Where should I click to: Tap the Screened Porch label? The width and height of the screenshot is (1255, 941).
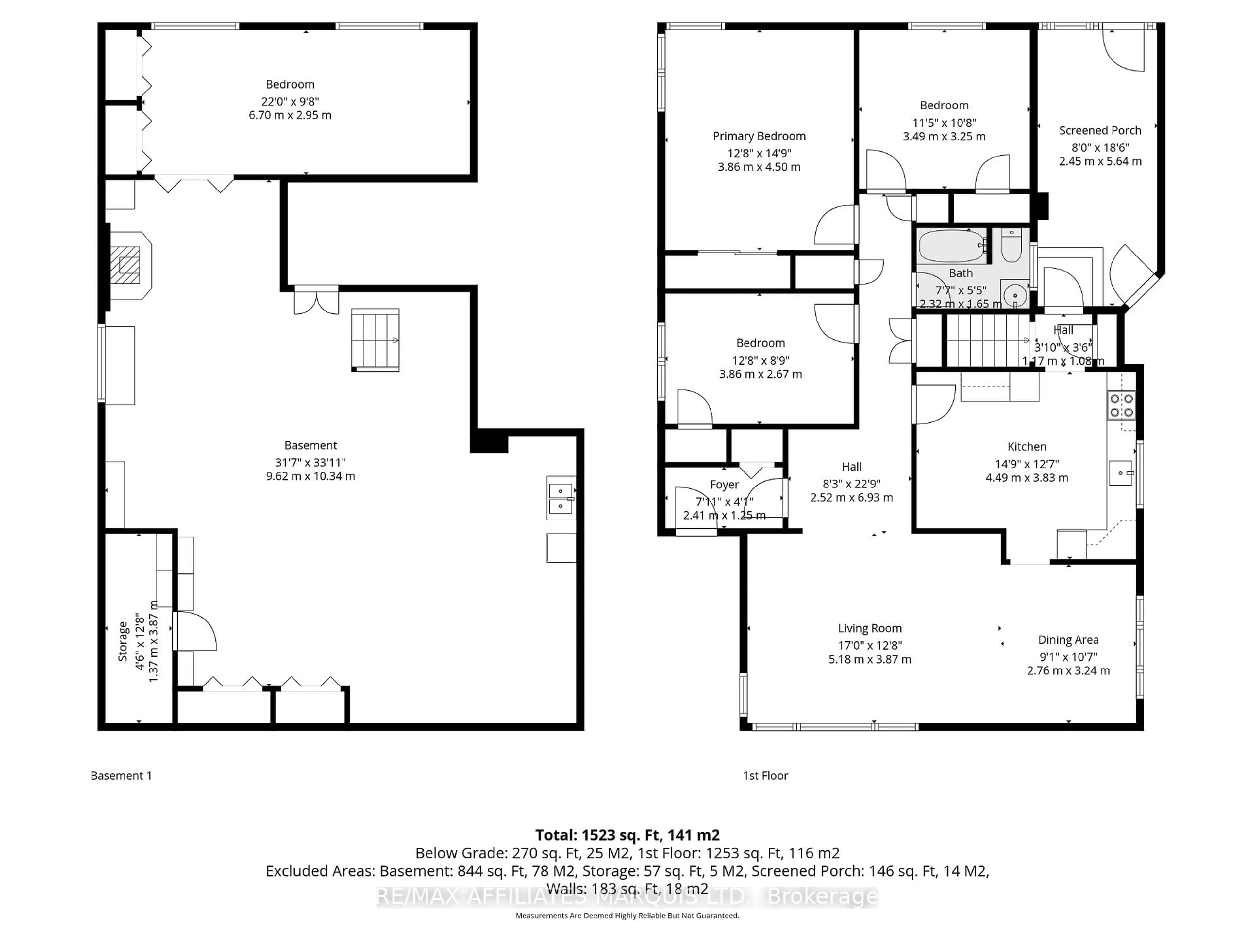(x=1099, y=130)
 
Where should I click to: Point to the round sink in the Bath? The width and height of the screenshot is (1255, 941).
(x=1013, y=295)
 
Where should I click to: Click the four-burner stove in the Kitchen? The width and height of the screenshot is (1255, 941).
(x=1121, y=405)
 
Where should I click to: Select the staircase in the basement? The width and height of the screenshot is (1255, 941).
(x=375, y=340)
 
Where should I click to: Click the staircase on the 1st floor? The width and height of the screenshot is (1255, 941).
(x=987, y=341)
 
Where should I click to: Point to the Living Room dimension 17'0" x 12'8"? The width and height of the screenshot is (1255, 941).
(x=869, y=645)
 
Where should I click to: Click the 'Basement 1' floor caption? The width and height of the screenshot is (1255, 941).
(x=121, y=775)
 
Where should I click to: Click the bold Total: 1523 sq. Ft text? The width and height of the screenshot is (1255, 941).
(x=627, y=835)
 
